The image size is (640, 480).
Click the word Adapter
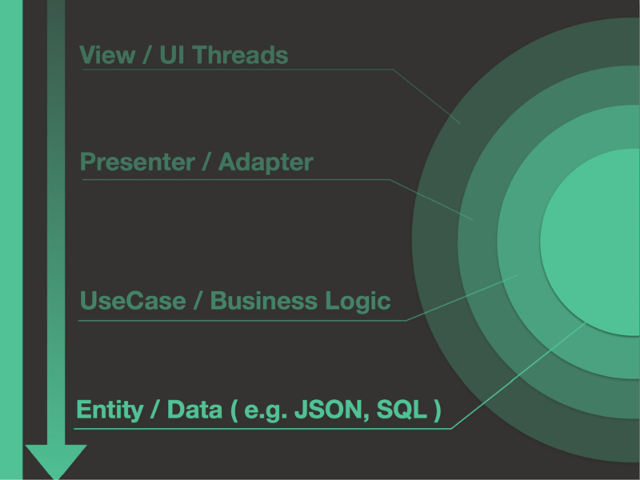[x=266, y=162]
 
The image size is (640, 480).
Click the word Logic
[x=358, y=302]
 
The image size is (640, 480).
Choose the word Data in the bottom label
[x=194, y=410]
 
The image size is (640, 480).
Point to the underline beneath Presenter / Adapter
[x=240, y=179]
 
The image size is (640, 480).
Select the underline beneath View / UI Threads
[x=240, y=70]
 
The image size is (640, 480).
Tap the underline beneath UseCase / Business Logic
[x=240, y=320]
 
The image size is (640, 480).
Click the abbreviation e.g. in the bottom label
[x=267, y=411]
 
